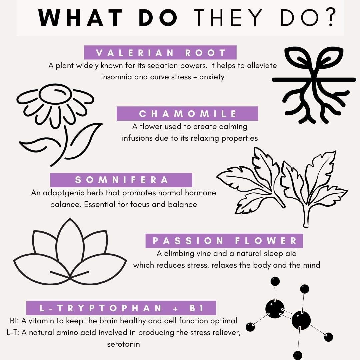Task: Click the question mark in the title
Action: pyautogui.click(x=330, y=17)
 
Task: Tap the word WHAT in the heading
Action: pyautogui.click(x=80, y=18)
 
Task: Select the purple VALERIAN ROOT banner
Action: pyautogui.click(x=160, y=53)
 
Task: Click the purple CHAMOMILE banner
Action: pyautogui.click(x=187, y=113)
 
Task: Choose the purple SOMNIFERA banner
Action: pyautogui.click(x=121, y=180)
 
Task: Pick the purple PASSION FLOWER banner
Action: pyautogui.click(x=224, y=241)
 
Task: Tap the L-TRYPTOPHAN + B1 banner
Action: pyautogui.click(x=121, y=308)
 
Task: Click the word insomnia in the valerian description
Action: pyautogui.click(x=117, y=77)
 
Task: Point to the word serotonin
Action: pyautogui.click(x=124, y=344)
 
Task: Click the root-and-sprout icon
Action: pyautogui.click(x=314, y=85)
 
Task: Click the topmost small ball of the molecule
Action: pyautogui.click(x=275, y=281)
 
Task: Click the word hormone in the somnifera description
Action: pyautogui.click(x=200, y=193)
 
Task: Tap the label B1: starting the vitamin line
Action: pyautogui.click(x=14, y=321)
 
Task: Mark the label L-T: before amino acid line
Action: pyautogui.click(x=13, y=332)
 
